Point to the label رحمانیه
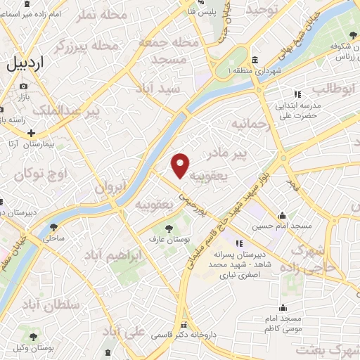251,125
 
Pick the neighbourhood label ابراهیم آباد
111,255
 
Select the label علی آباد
124,330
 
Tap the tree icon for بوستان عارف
168,228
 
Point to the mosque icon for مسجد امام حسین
282,216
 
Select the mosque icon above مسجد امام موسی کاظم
282,307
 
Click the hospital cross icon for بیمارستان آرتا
32,133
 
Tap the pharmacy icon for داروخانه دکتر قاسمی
184,326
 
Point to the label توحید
263,9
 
